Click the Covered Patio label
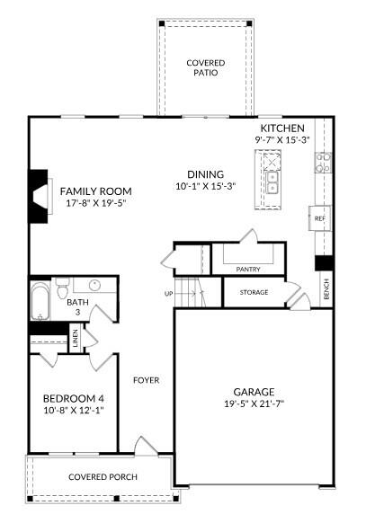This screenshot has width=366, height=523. click(x=206, y=67)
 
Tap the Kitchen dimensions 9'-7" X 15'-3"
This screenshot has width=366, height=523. click(x=282, y=140)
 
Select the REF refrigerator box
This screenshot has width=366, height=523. click(x=319, y=218)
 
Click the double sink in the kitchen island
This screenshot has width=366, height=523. click(x=272, y=183)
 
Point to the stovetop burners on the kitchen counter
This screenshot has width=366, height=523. click(x=323, y=163)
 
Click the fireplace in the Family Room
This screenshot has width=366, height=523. click(x=39, y=196)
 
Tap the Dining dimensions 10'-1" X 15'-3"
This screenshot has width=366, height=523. click(x=206, y=186)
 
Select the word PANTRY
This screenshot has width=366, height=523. click(x=248, y=270)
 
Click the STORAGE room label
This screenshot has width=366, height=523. click(x=254, y=293)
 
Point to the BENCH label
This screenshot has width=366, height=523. click(x=326, y=288)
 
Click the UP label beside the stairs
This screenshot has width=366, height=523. click(x=168, y=294)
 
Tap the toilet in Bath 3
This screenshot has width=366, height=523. click(x=62, y=288)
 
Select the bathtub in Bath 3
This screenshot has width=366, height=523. click(x=40, y=302)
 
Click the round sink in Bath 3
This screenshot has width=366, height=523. click(x=94, y=285)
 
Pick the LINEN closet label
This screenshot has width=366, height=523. click(x=75, y=338)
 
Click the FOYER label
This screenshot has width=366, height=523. click(x=147, y=380)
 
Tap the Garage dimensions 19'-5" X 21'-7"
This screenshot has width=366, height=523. click(x=254, y=403)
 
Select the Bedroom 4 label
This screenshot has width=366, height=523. click(x=74, y=399)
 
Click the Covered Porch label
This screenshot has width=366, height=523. click(x=103, y=477)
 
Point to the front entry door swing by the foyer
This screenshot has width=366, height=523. click(x=144, y=446)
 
